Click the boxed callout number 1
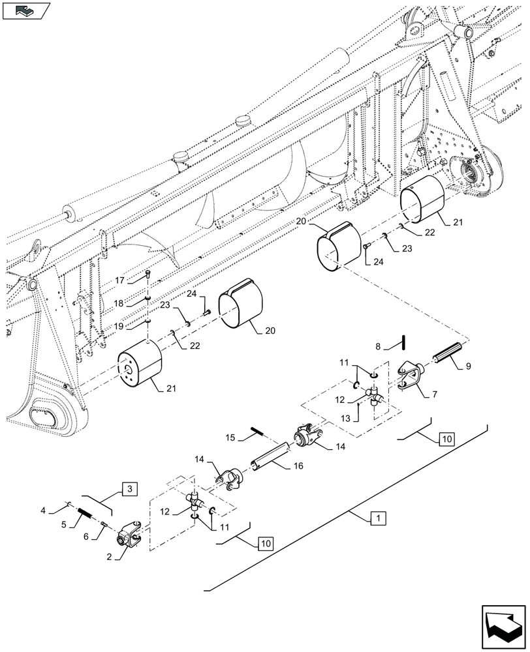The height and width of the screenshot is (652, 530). click(377, 519)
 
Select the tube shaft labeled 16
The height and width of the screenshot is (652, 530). click(269, 460)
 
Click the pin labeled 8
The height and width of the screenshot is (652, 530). click(405, 341)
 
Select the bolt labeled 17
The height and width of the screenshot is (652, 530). click(149, 276)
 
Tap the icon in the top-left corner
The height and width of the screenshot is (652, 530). click(27, 10)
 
